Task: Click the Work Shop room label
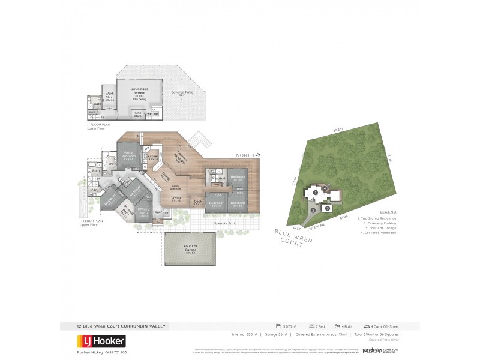coord(110,95)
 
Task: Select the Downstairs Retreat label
coord(140,90)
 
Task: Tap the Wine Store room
coord(138,113)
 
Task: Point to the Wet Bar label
coord(153,113)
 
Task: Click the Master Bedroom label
coord(128,155)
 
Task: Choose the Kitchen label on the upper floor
coord(152,157)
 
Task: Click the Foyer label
coord(158,211)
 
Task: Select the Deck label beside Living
coord(197,202)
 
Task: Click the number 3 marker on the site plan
coord(328,208)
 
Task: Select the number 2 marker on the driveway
coord(313,210)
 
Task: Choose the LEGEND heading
coord(388,212)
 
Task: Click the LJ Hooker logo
coord(100,341)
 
